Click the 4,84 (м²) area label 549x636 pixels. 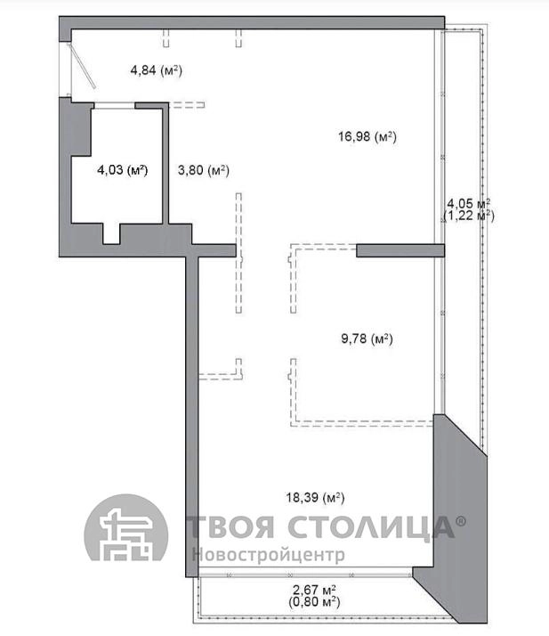[x=156, y=70]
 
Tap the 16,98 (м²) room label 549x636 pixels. [x=367, y=136]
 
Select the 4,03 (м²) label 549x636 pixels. [x=123, y=170]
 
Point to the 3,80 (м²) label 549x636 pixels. [x=204, y=170]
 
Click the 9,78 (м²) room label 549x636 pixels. [x=367, y=338]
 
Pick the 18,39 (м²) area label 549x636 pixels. [x=315, y=497]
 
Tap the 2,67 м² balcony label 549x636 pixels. [x=314, y=590]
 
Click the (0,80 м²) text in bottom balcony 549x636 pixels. [x=314, y=601]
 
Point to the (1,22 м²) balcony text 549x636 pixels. [x=469, y=215]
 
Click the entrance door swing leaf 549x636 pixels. [x=83, y=67]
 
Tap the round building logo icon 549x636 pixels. [x=126, y=528]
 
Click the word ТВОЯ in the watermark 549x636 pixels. [x=230, y=526]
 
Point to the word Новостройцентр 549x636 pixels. [x=268, y=554]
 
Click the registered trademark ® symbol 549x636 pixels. [x=461, y=521]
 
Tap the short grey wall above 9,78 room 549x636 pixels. [x=400, y=250]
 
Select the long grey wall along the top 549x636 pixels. [x=252, y=23]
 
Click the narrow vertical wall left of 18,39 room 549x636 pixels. [x=192, y=417]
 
